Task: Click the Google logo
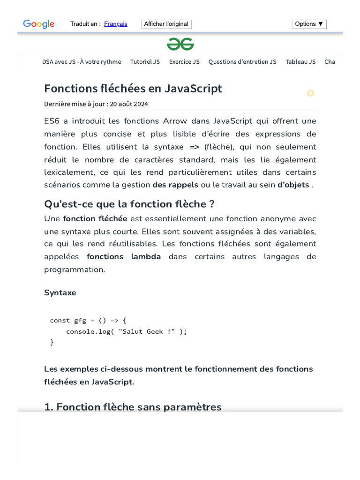point(39,24)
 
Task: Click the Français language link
point(116,24)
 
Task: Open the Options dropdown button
point(309,24)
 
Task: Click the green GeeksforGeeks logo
point(180,44)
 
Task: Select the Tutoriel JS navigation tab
point(145,62)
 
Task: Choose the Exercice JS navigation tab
point(184,62)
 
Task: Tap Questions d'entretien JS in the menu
point(242,62)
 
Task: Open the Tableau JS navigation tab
point(300,62)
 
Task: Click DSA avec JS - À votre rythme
point(82,62)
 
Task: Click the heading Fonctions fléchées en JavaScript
point(133,89)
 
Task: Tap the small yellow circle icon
point(310,93)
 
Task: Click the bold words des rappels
point(175,185)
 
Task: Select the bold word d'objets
point(293,185)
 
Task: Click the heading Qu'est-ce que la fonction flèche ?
point(129,204)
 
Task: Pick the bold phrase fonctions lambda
point(124,257)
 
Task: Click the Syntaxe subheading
point(60,292)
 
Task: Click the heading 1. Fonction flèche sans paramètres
point(133,407)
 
